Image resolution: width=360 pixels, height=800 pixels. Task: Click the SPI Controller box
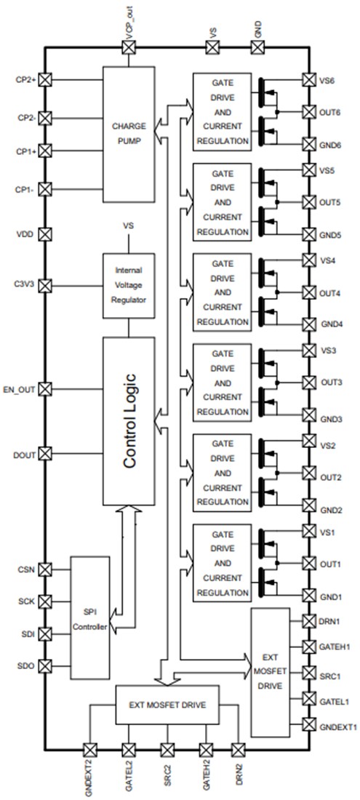coord(91,617)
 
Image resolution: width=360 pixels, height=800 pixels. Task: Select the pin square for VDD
coord(44,234)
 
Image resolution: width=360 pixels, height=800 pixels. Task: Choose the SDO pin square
coord(44,665)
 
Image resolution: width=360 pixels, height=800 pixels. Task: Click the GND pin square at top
coord(257,47)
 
